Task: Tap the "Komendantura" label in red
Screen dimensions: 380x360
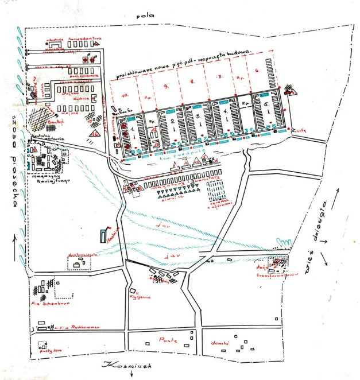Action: click(85, 38)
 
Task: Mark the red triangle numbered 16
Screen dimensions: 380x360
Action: click(94, 133)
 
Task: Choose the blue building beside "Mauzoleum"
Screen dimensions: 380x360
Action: click(104, 235)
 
